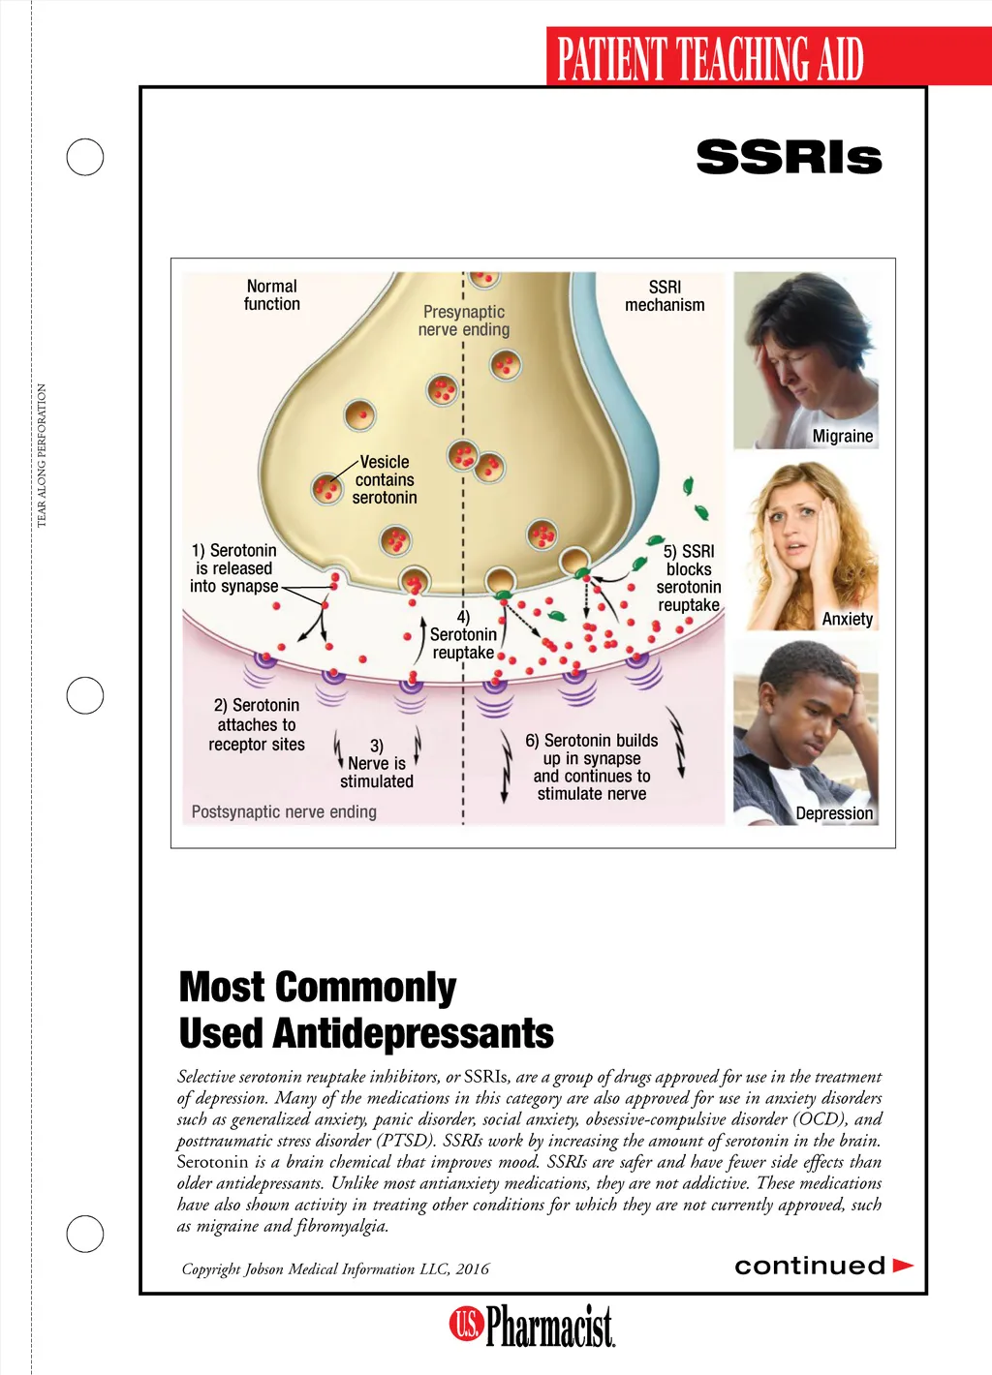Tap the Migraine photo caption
point(842,436)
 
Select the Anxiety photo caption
point(847,619)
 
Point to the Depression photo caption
point(834,813)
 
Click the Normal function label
point(271,295)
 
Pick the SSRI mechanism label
point(665,296)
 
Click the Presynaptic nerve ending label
point(464,321)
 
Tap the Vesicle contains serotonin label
point(385,480)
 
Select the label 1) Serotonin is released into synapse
point(234,568)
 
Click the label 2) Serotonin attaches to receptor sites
point(257,725)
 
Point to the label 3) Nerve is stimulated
point(377,764)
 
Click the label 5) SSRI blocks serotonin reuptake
point(689,578)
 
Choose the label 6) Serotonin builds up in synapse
point(592,767)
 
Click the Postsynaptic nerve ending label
point(284,811)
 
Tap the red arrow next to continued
point(903,1266)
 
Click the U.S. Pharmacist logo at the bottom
point(532,1326)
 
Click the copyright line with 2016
point(335,1269)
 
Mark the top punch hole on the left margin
point(85,157)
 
